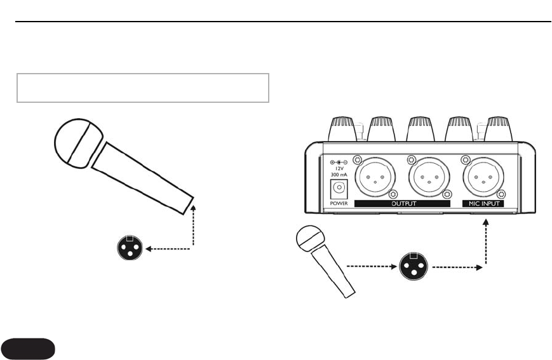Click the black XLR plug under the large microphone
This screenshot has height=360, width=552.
pyautogui.click(x=130, y=248)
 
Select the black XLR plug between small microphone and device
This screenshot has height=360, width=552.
pyautogui.click(x=414, y=267)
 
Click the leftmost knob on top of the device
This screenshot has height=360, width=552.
pyautogui.click(x=344, y=129)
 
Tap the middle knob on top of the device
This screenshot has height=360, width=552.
pyautogui.click(x=421, y=129)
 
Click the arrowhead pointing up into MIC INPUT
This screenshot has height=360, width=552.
pyautogui.click(x=487, y=222)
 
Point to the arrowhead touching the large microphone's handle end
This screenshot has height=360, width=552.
pyautogui.click(x=192, y=206)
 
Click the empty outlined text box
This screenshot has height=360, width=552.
pyautogui.click(x=143, y=88)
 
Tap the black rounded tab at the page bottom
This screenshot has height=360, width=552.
pyautogui.click(x=29, y=349)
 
